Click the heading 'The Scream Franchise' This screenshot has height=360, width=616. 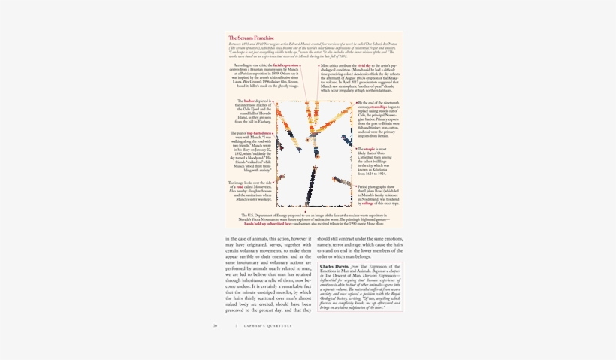pos(251,38)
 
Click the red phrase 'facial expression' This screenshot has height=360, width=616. pos(286,65)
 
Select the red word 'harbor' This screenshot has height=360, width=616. pos(249,100)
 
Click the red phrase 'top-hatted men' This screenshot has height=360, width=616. pos(261,132)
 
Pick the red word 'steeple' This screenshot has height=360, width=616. pos(367,149)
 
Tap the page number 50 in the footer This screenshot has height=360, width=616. pos(215,325)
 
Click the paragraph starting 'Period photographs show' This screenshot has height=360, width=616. pos(380,195)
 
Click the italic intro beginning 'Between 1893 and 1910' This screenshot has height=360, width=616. pos(313,50)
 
